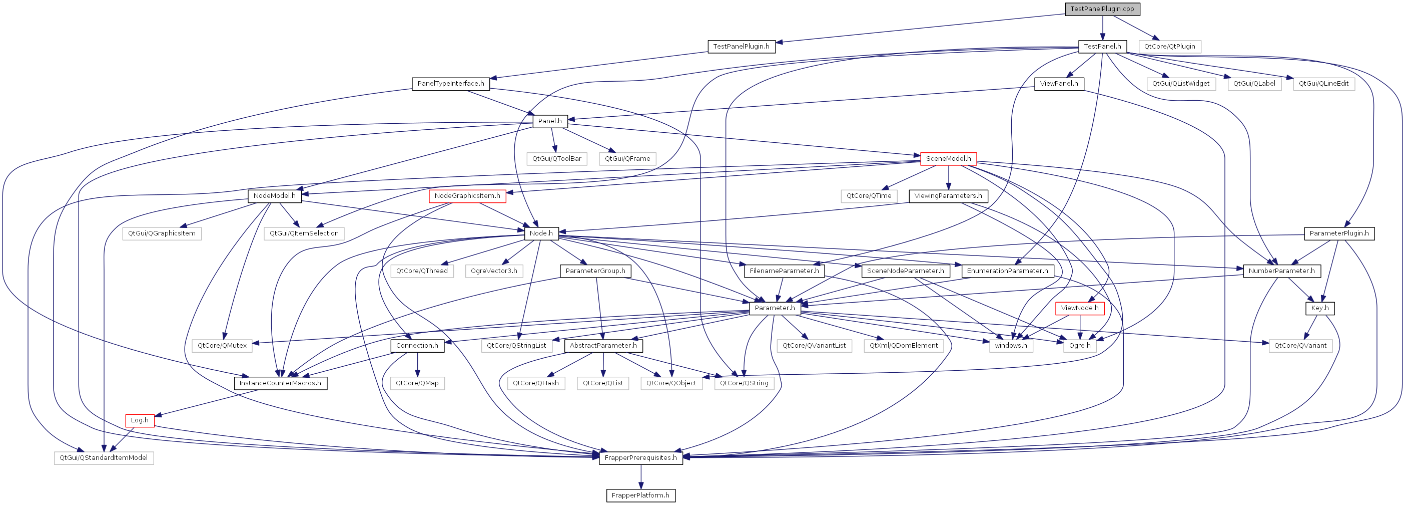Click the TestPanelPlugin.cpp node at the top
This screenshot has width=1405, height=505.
1102,9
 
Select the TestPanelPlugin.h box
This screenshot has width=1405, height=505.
741,47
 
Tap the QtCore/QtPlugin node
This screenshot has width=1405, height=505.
1169,47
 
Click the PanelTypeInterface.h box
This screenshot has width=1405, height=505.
450,84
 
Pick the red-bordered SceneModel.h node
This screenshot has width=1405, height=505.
948,158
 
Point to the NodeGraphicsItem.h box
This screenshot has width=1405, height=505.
467,195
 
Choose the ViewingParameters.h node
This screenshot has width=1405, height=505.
948,195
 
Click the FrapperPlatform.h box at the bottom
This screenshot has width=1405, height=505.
640,495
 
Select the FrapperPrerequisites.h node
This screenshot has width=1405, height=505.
640,457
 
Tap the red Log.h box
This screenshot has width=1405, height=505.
140,420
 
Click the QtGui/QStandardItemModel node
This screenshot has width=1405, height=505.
104,457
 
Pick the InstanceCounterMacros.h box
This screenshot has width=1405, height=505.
280,383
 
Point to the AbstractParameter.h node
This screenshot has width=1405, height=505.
603,346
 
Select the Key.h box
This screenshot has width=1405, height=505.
1319,308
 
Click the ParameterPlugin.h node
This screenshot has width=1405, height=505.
1338,233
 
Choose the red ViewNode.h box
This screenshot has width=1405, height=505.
1079,308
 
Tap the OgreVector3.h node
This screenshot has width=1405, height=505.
494,271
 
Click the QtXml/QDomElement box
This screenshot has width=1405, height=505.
903,346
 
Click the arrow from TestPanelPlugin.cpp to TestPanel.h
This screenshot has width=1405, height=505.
1102,27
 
